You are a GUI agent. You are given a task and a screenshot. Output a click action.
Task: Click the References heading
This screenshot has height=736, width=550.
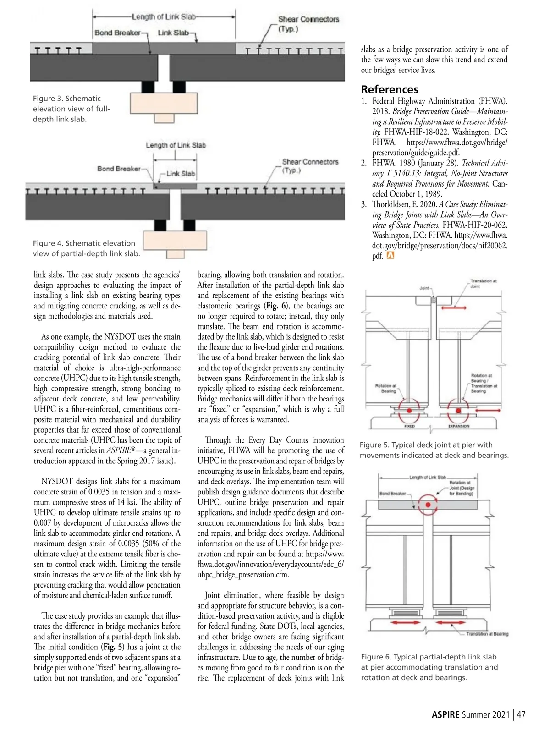[390, 89]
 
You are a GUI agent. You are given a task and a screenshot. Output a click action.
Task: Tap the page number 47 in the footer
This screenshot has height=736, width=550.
[521, 714]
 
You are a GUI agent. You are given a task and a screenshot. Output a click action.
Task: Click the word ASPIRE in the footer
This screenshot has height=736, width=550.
[445, 714]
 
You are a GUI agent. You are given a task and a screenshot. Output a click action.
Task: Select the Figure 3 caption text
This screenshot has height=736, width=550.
[71, 109]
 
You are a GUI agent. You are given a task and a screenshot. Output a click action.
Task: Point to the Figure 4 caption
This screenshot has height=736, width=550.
[86, 248]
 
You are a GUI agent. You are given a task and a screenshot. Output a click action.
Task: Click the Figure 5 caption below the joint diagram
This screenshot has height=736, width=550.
[434, 450]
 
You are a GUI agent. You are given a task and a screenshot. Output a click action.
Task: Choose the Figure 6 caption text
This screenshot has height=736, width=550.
[429, 667]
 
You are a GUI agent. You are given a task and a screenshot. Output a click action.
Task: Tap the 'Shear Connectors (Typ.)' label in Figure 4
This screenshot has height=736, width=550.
[310, 165]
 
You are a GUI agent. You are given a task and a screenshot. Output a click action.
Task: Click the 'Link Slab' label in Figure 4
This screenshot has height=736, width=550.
[180, 174]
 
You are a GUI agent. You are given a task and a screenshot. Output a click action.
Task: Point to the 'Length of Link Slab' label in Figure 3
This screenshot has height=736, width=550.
[164, 17]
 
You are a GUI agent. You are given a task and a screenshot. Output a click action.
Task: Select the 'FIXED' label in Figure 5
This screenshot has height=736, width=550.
[409, 426]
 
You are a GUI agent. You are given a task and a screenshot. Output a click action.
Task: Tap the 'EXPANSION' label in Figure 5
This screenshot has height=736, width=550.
[458, 426]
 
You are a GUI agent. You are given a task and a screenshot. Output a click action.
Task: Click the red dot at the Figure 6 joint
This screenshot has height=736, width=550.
[428, 505]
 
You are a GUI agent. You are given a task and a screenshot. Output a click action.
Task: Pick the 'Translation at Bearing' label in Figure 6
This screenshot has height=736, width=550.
[487, 634]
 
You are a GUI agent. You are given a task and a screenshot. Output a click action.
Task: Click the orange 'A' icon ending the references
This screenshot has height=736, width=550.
[390, 256]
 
